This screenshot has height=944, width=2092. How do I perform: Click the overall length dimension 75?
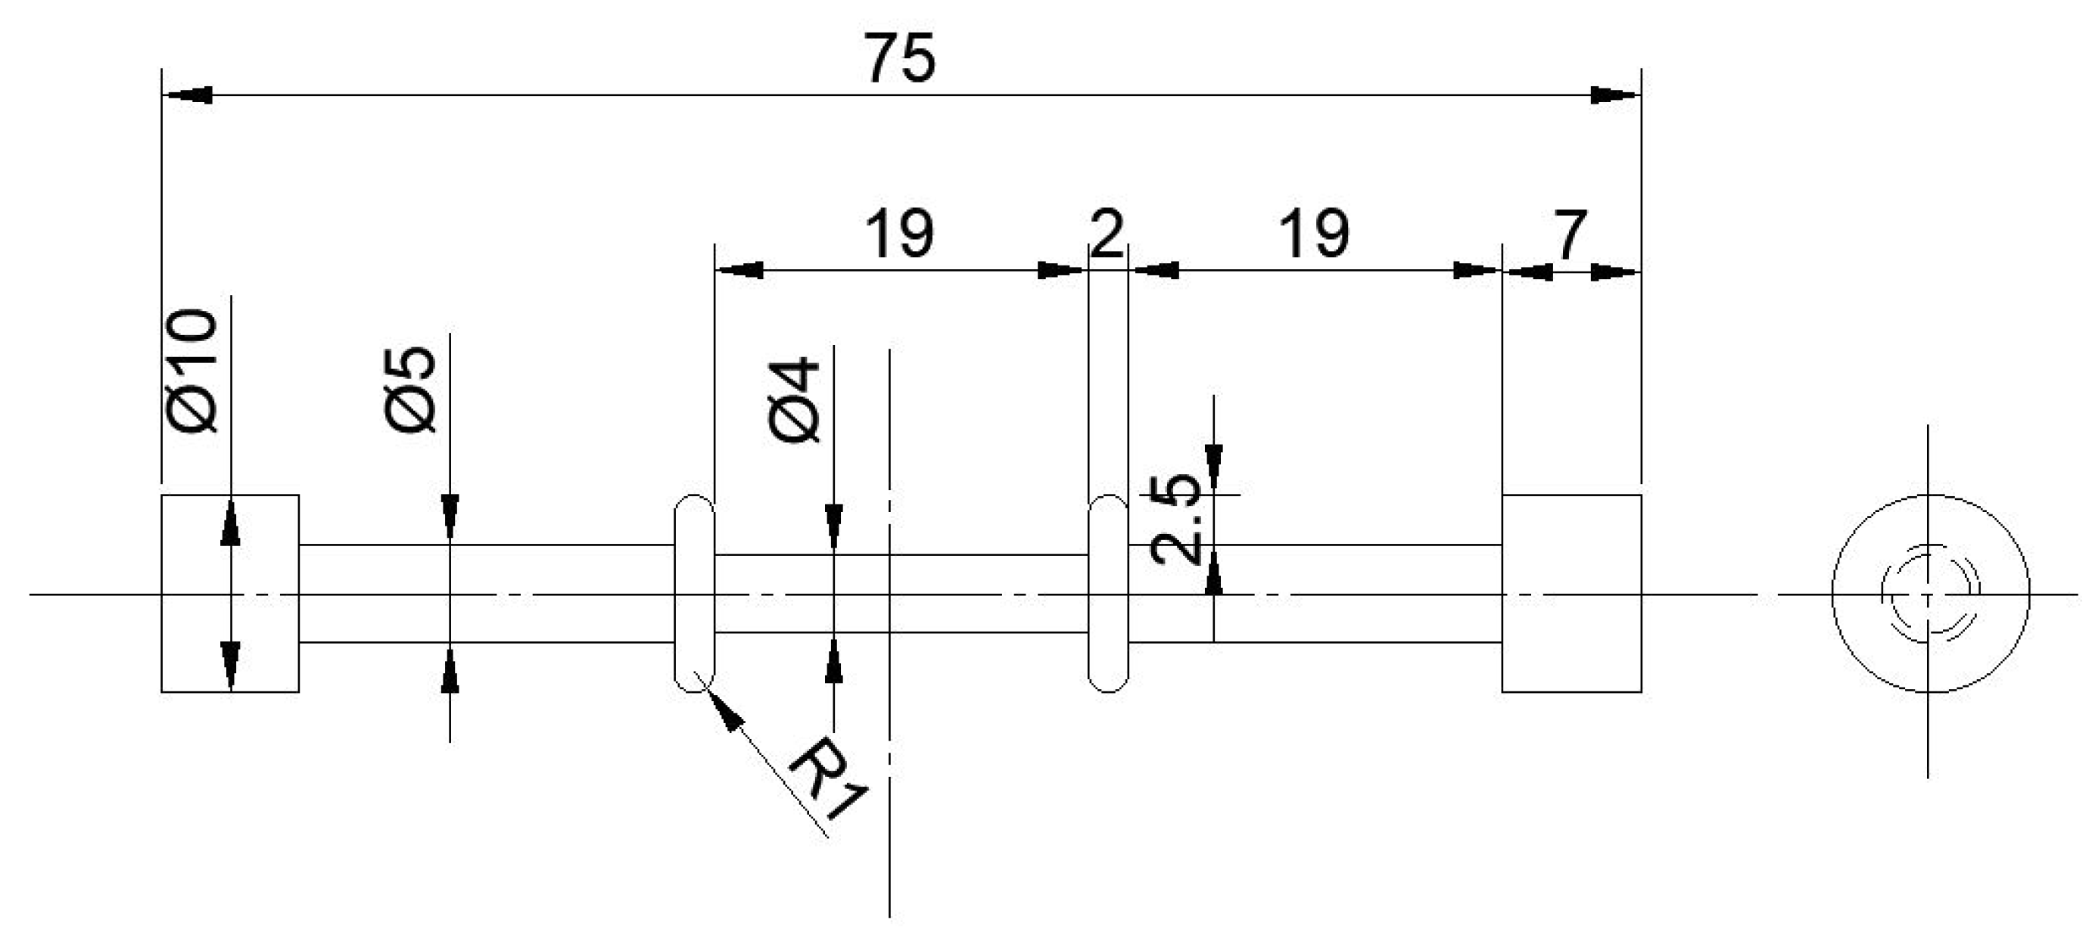coord(899,58)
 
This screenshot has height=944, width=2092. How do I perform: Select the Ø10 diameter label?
coord(192,369)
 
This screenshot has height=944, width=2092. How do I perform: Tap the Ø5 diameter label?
coord(411,389)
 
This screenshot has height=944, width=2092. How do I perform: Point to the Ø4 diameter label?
coord(794,399)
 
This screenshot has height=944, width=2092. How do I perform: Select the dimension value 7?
coord(1569,235)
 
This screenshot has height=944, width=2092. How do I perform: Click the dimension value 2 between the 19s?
coord(1107,234)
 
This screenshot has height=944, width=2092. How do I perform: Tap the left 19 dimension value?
coord(898,234)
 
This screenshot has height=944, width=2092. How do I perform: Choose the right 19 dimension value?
coord(1314,234)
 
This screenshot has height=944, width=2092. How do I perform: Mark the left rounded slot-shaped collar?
coord(694,593)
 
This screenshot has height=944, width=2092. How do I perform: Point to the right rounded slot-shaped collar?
coord(1108,593)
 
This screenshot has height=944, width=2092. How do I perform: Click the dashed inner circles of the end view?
coord(1929,594)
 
